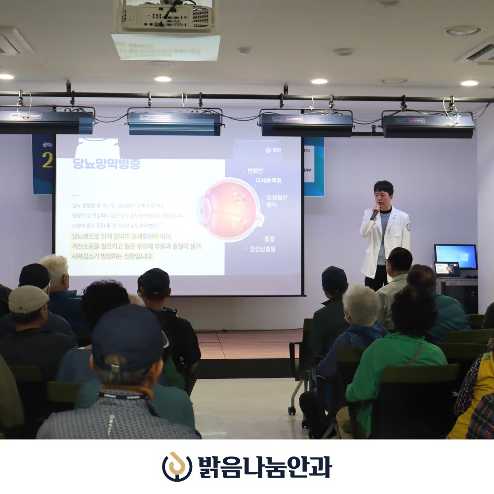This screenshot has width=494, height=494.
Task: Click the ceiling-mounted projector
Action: tap(167, 17)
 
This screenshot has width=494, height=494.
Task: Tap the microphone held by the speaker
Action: tap(375, 213)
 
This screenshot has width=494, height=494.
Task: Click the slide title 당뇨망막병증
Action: tap(106, 164)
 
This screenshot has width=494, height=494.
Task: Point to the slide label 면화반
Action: tap(258, 171)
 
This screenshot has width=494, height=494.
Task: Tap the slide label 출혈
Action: tap(269, 239)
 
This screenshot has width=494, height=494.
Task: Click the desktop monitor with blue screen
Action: tap(455, 256)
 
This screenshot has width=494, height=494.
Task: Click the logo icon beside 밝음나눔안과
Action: tap(176, 466)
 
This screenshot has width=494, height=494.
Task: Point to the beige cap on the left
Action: tap(28, 299)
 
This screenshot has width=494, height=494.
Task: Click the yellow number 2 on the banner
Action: tap(47, 161)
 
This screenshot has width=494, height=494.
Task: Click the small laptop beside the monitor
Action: tap(447, 269)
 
